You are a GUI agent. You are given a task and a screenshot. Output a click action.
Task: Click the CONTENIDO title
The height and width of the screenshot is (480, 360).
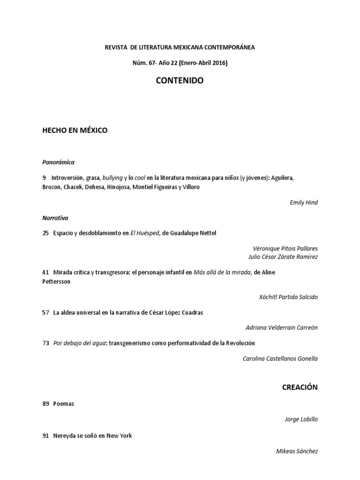pos(180,81)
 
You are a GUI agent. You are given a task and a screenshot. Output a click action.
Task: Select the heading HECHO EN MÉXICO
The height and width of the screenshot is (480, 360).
pos(75,130)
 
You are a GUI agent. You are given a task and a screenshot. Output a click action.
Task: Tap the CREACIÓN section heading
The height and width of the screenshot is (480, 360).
pos(300,387)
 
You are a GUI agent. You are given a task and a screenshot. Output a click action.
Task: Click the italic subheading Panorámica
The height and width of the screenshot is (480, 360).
pos(58,162)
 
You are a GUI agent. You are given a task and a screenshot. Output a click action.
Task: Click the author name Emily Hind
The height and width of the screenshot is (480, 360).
pos(303,202)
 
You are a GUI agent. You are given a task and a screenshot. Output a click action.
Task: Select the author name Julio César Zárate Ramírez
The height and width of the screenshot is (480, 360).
pos(283,257)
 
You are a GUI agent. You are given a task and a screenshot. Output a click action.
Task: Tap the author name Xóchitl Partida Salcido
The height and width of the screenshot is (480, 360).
pos(288,297)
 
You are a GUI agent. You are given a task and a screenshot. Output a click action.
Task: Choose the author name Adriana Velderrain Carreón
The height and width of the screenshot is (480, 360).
pos(281,328)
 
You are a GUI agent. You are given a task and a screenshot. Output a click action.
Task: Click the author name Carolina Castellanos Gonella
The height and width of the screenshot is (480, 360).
pos(280,359)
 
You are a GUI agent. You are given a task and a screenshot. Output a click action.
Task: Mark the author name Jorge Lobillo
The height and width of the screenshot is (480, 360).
pos(301,420)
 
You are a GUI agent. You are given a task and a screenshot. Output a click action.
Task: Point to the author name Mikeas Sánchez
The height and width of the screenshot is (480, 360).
pos(297,451)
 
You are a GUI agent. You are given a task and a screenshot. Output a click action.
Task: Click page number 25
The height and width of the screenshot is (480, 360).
pos(45,233)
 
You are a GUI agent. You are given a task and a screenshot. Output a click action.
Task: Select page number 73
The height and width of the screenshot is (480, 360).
pos(45,343)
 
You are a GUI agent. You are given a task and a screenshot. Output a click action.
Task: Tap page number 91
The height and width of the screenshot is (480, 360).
pos(45,436)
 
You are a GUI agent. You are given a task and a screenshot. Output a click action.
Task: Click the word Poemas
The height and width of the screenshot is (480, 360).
pos(64,404)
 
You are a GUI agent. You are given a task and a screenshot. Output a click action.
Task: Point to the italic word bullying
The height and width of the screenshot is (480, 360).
pos(112,178)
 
